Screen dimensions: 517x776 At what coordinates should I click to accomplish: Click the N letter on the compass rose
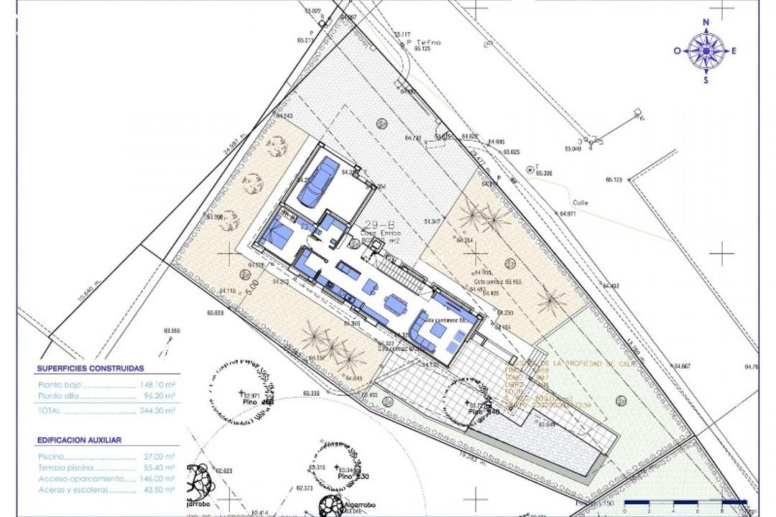coord(706,22)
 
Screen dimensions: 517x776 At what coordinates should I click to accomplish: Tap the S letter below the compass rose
coord(706,80)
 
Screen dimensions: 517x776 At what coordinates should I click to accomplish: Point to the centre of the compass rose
coord(706,51)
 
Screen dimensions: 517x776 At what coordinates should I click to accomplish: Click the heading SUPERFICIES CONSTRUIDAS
coord(91,368)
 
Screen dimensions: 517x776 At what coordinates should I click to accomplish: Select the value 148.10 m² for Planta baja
coord(157,385)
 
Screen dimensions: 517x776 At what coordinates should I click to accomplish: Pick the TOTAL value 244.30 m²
coord(157,411)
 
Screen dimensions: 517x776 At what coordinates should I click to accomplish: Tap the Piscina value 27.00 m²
coord(160,456)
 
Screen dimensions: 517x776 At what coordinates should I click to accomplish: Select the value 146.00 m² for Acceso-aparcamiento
coord(157,478)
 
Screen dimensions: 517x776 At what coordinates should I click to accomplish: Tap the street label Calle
coord(580,202)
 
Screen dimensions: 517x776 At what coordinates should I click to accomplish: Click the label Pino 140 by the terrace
coord(484,412)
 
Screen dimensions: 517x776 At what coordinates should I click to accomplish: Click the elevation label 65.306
coord(543,174)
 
